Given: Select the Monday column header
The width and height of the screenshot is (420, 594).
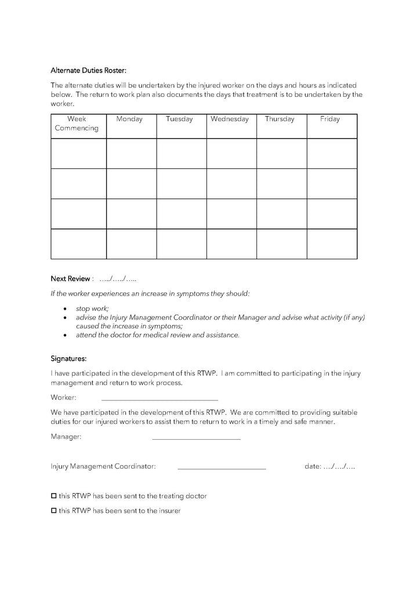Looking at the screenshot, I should [x=129, y=119].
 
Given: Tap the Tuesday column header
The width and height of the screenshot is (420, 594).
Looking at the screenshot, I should [x=179, y=119].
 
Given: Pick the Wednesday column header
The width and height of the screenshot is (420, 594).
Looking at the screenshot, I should [x=230, y=119].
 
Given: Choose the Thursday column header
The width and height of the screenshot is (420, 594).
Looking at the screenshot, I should [x=280, y=119].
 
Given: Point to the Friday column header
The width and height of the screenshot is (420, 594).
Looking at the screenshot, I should [x=330, y=119].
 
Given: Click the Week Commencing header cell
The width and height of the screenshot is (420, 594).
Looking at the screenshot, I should [x=77, y=124].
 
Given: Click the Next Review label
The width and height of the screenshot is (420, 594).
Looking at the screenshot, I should [x=70, y=279].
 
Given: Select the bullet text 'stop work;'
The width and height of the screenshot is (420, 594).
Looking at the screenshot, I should [x=92, y=309].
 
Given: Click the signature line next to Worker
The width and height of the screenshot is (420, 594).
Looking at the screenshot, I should [x=160, y=400].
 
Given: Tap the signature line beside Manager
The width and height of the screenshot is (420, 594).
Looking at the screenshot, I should [x=196, y=439].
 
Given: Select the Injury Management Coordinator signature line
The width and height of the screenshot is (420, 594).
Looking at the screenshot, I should [x=222, y=468].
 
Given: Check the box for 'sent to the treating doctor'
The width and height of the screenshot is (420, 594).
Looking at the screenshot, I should [x=54, y=496].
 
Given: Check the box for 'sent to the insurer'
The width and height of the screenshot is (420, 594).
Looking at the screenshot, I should [x=54, y=510].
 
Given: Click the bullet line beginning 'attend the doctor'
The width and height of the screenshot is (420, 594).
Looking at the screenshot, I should [x=157, y=335].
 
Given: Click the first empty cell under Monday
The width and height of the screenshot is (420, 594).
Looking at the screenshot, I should [x=131, y=154].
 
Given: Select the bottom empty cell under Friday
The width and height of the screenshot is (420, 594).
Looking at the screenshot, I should [x=332, y=244].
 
